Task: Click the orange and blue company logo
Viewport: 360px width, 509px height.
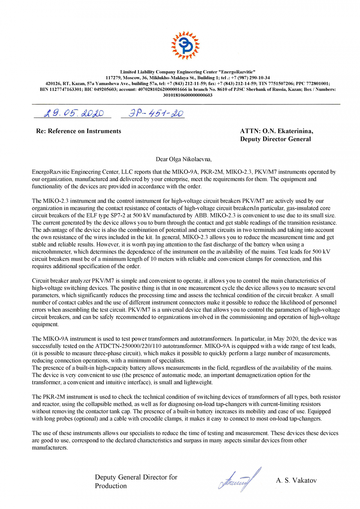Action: point(185,45)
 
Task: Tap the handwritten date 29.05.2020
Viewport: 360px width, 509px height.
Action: point(73,113)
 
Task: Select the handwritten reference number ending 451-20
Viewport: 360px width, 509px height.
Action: point(156,113)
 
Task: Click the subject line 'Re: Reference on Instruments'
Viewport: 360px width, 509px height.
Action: point(79,131)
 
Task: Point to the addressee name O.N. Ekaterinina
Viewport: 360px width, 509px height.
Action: point(288,131)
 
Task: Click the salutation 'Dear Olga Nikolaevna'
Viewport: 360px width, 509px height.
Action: point(183,159)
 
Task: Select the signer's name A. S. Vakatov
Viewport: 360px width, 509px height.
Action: point(296,480)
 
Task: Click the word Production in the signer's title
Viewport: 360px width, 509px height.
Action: point(111,486)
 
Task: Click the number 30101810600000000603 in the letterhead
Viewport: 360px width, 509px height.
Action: point(187,95)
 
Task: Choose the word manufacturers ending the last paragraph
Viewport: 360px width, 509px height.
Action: point(50,448)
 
